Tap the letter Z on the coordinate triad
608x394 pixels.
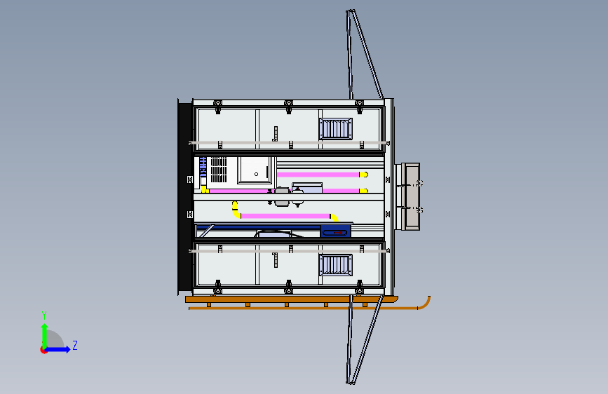point(75,345)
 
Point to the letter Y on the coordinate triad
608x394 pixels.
point(44,315)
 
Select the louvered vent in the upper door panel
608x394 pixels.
point(336,129)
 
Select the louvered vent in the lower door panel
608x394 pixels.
point(336,265)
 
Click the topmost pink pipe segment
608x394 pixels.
point(318,175)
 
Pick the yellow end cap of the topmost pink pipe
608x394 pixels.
point(364,175)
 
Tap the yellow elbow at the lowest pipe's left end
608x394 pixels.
point(236,210)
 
